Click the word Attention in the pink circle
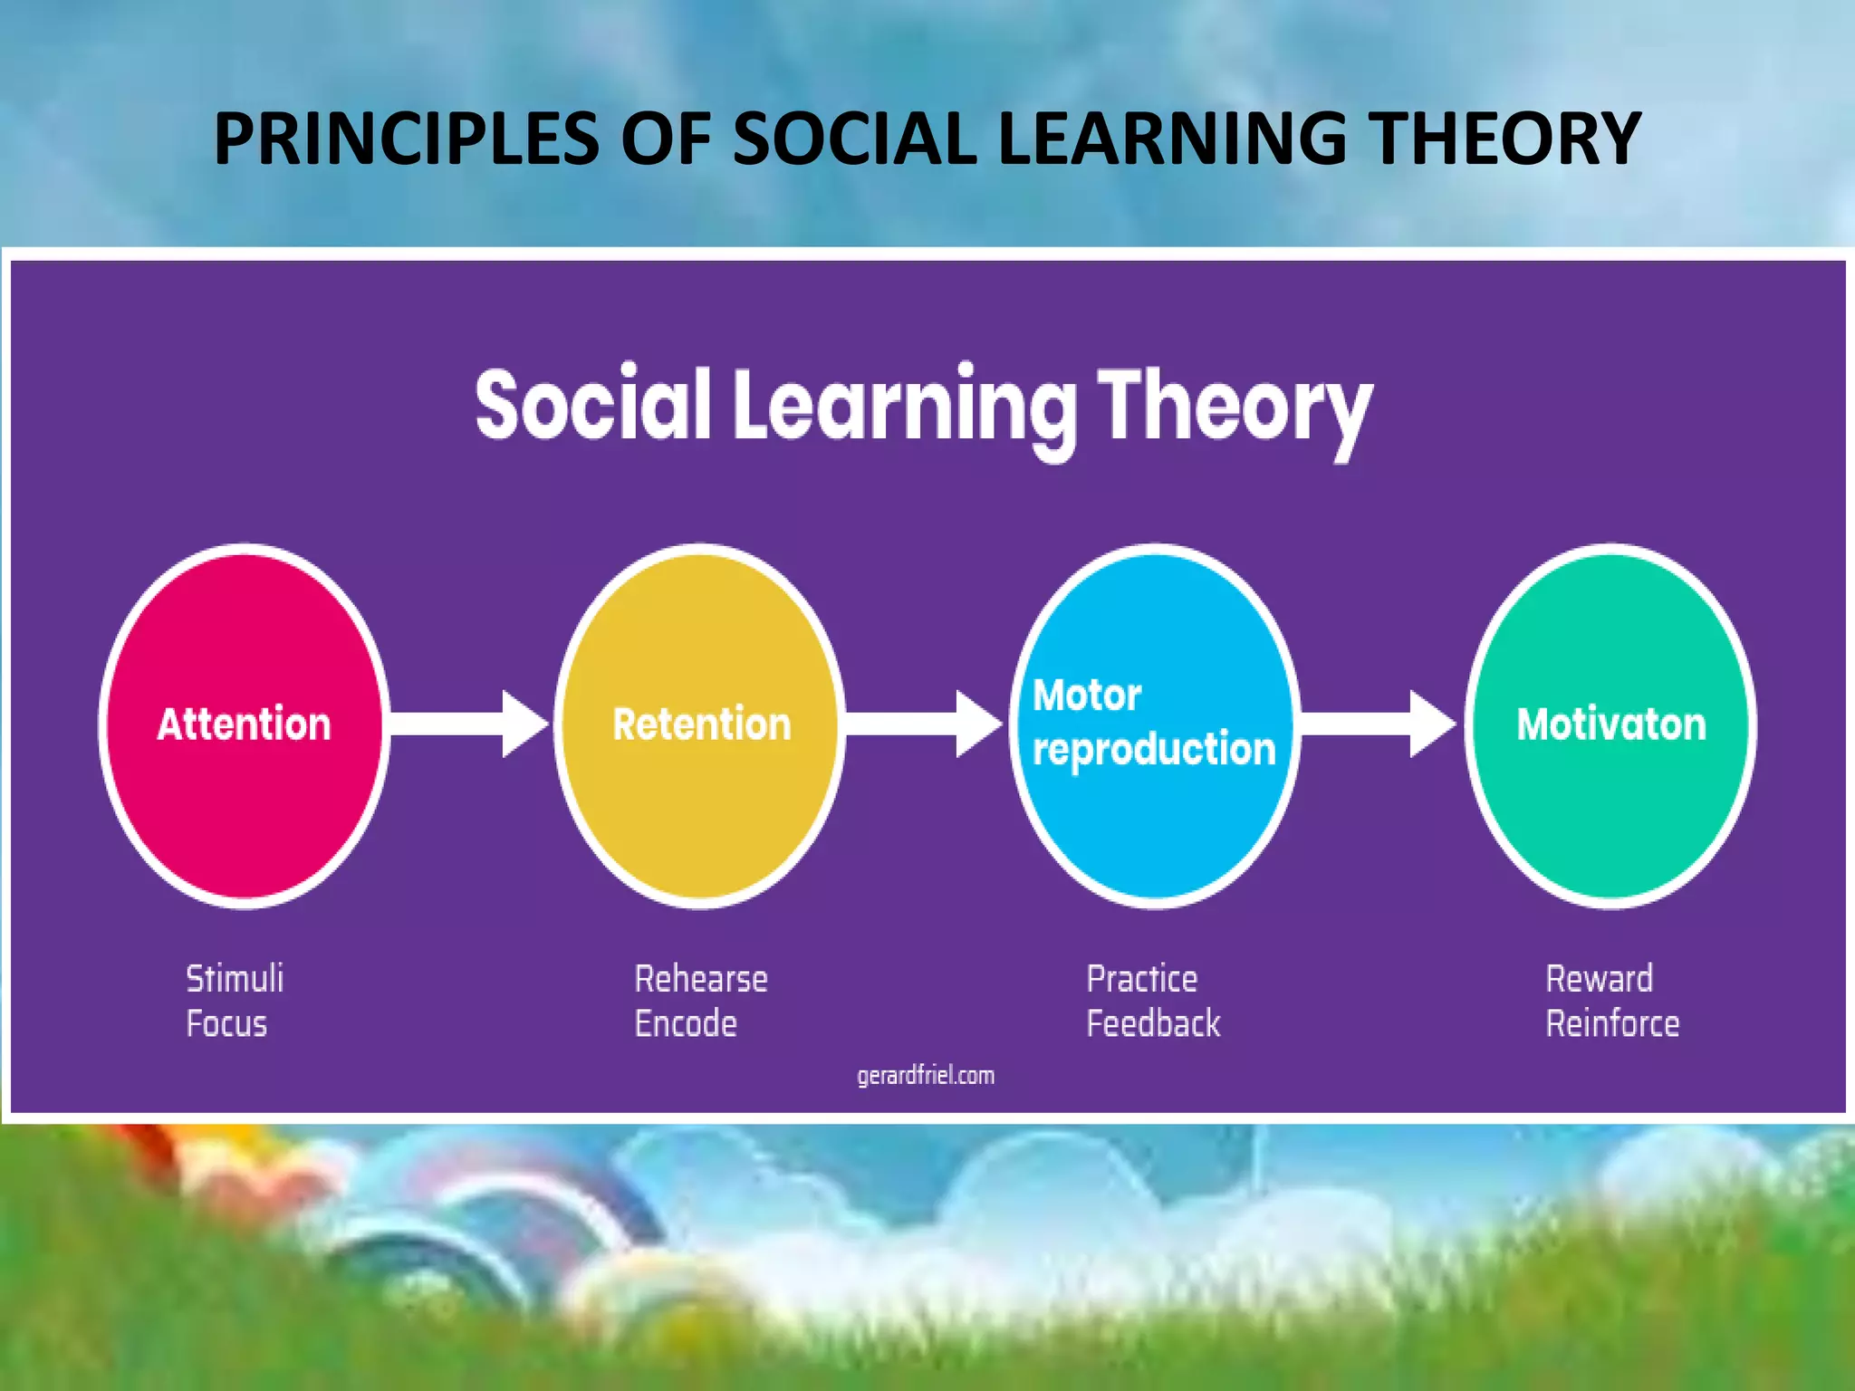[244, 724]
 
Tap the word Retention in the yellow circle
[701, 724]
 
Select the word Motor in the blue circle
[1086, 695]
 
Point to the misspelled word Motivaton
[1611, 724]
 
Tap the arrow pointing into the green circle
[1378, 724]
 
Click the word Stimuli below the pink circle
[235, 979]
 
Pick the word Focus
[226, 1024]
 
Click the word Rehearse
[701, 979]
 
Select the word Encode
[686, 1024]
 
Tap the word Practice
[1142, 979]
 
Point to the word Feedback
[1153, 1024]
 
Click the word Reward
[1599, 979]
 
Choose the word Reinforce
[1612, 1024]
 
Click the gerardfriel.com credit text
[926, 1076]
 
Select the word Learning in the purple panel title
[906, 408]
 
